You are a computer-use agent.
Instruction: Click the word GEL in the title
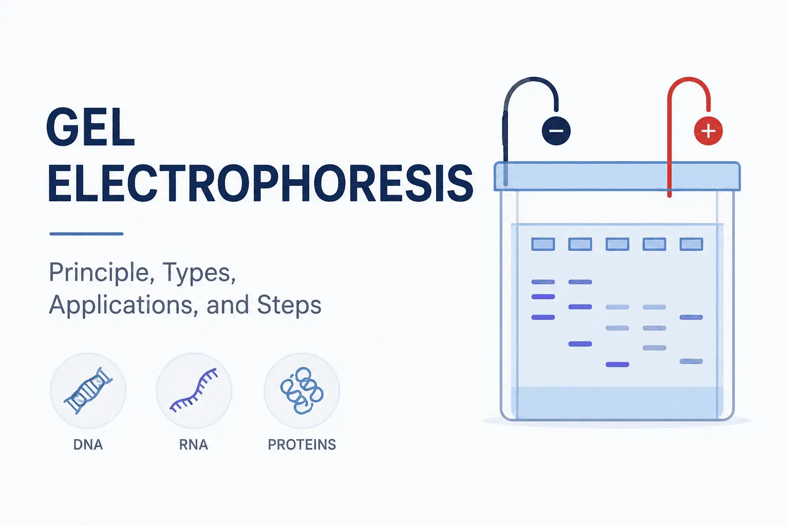90,127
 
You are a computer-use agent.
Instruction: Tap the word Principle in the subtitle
101,273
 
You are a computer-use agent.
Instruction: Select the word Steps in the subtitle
289,305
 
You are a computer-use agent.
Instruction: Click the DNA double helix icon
88,390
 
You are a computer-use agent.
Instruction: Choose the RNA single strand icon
194,390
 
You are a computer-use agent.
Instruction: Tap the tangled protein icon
302,390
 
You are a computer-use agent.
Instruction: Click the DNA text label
88,445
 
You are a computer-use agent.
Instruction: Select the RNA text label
194,445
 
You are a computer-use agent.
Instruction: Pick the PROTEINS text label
302,445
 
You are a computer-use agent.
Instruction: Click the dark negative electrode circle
556,130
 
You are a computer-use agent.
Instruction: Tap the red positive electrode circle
708,130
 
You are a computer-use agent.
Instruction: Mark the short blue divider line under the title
86,234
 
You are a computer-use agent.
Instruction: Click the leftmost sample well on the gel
543,244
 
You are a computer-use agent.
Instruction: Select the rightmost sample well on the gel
691,244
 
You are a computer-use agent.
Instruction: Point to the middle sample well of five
617,244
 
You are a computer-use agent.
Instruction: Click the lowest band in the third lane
617,365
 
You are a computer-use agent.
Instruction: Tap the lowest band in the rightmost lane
691,361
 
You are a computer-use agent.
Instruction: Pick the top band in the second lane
580,282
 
